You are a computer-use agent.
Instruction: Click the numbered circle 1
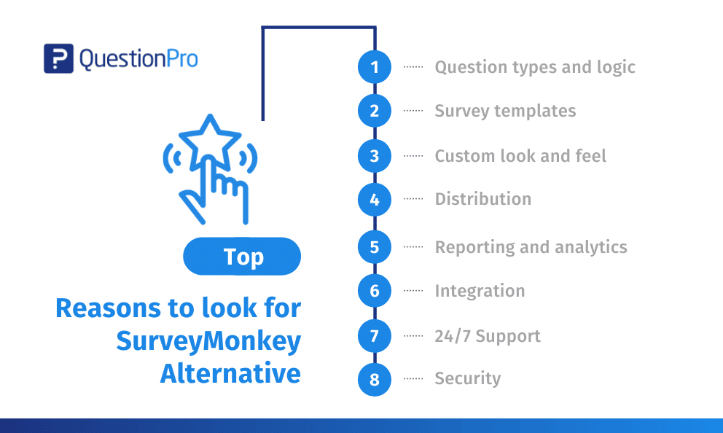375,67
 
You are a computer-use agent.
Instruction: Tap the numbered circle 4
375,200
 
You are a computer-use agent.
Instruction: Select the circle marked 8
375,380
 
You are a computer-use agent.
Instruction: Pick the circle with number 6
375,291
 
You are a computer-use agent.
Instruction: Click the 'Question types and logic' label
535,67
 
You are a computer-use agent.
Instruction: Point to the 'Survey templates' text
505,111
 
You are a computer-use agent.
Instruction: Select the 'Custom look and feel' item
520,156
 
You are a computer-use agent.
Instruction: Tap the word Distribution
483,199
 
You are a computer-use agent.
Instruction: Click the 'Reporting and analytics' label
531,247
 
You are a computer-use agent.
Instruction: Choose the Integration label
480,291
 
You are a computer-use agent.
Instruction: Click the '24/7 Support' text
488,336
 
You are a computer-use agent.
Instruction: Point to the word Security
468,378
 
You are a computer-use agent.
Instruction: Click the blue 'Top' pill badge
242,257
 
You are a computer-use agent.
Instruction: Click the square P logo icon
58,58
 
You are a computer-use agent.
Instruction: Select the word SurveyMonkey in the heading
208,340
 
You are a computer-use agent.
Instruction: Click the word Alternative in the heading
230,373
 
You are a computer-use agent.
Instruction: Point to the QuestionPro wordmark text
138,59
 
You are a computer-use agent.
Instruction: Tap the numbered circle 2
375,111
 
